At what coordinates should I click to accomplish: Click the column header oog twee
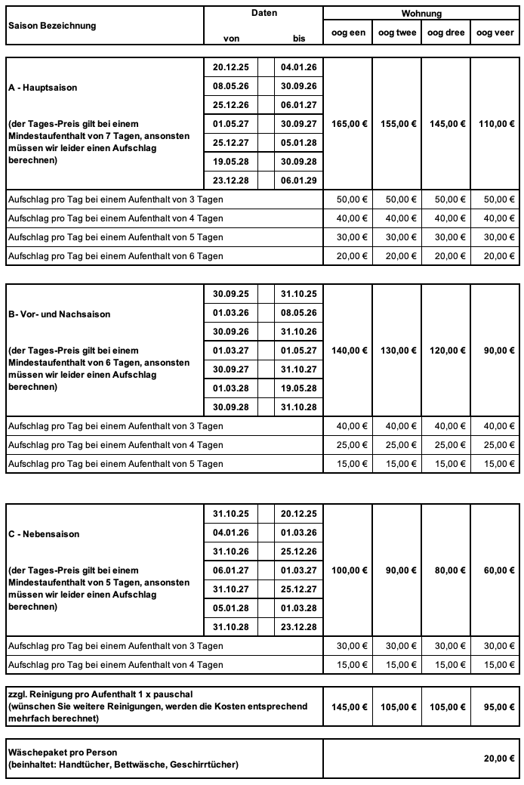(396, 32)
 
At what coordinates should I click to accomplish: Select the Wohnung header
(421, 14)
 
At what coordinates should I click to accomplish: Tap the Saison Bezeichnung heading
(52, 26)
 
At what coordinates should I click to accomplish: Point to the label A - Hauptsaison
(43, 88)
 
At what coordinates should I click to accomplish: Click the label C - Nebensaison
(44, 534)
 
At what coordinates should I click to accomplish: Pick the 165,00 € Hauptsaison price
(348, 124)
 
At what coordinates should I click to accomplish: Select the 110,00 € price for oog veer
(495, 124)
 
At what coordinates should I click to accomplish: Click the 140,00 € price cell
(348, 351)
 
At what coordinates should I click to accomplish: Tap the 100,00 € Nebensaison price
(348, 570)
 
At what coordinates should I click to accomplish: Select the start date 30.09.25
(230, 294)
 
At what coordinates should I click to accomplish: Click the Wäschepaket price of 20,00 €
(499, 759)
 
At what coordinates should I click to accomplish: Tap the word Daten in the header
(264, 13)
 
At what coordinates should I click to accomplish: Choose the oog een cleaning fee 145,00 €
(348, 707)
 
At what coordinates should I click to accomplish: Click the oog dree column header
(445, 32)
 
